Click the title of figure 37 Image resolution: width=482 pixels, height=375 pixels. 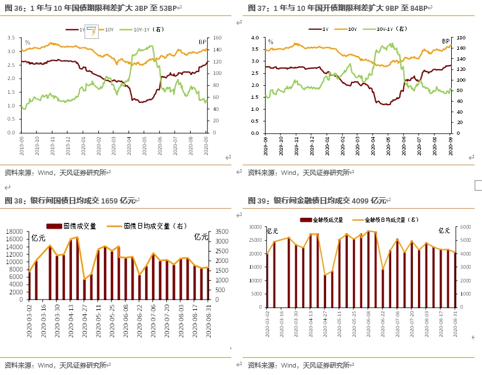point(340,8)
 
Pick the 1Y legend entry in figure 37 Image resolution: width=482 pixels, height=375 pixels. point(320,28)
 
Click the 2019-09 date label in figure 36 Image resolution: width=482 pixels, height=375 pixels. point(22,143)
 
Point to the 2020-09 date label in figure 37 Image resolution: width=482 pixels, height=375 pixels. point(451,143)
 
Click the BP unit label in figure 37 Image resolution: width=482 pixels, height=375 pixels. point(446,41)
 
